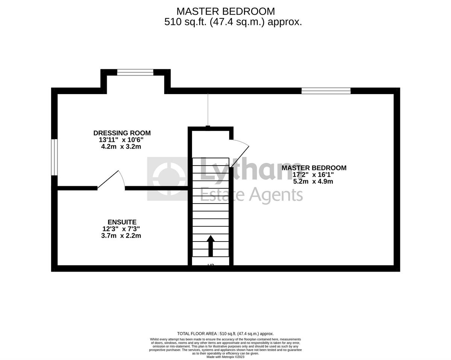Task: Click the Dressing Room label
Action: pos(122,133)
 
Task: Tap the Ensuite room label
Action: pos(122,222)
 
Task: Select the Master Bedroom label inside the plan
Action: pos(314,168)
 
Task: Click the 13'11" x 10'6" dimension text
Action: pos(121,140)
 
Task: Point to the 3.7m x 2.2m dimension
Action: pos(121,236)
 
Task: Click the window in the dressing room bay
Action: pos(135,72)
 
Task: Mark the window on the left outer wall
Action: pos(54,157)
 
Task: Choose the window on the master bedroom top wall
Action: pos(326,91)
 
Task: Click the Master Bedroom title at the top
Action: pos(225,11)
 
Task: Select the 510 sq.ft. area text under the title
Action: pos(233,22)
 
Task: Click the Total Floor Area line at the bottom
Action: pos(225,334)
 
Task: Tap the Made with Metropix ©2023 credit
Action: pos(225,357)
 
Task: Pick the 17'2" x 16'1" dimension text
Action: pos(313,175)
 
